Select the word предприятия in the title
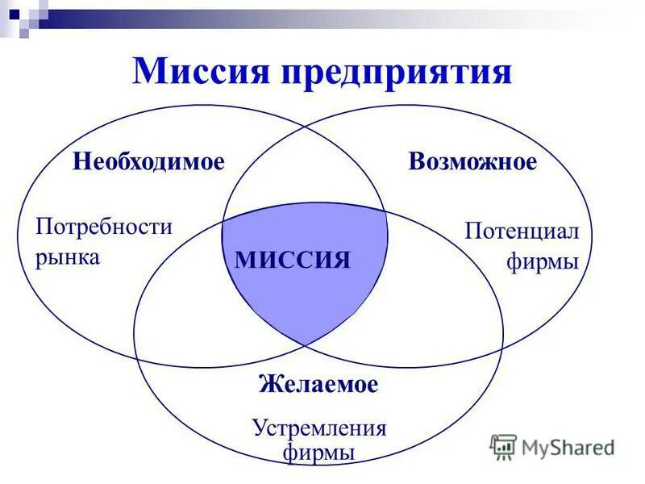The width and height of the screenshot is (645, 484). tap(396, 73)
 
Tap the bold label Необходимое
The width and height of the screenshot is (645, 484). tap(148, 161)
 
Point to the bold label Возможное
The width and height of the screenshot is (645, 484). tap(472, 161)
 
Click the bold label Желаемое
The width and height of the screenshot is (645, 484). tap(318, 384)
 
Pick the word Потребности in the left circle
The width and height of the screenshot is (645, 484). tap(104, 226)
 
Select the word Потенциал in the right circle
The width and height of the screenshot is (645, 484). tap(522, 232)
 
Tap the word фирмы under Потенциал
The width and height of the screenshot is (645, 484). tap(543, 262)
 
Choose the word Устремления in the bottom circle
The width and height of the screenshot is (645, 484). tap(319, 428)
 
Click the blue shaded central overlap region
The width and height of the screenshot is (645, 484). tap(306, 298)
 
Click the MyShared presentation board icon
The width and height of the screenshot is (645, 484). tap(503, 446)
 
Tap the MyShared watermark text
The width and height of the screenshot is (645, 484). tap(568, 447)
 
